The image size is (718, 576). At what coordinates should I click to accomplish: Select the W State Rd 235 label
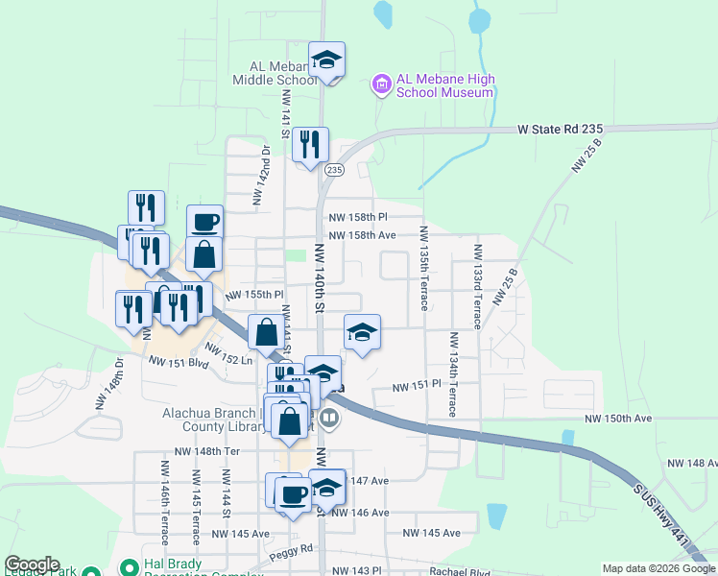560,129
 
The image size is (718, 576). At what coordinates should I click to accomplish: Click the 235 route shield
333,170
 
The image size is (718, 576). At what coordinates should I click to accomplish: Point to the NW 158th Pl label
357,218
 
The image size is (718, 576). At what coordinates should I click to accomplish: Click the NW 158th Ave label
362,235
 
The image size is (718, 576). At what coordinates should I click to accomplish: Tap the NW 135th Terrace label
422,268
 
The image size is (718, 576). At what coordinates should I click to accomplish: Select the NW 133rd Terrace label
476,287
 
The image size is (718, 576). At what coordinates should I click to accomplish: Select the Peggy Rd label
294,549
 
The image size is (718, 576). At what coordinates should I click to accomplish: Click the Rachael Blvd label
461,571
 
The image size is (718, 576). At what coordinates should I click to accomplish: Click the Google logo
32,564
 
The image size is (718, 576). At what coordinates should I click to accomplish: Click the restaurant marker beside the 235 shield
310,146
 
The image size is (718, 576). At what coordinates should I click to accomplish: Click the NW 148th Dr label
110,385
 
